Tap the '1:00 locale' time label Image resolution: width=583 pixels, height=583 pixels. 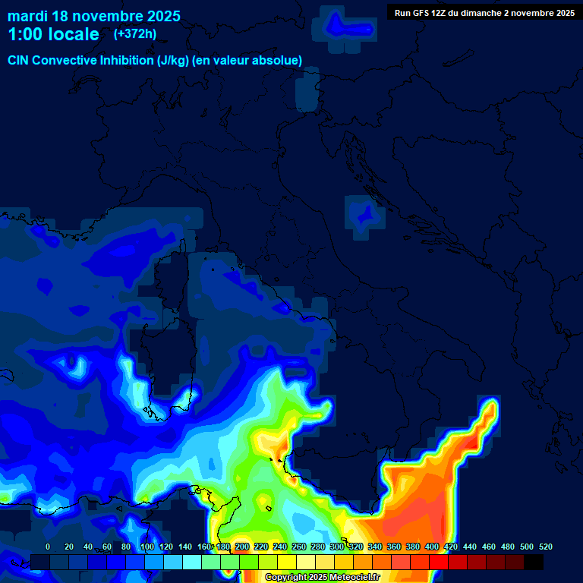[53, 34]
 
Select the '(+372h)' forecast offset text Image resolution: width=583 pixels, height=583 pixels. [135, 34]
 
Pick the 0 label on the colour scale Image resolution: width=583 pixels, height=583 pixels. [48, 547]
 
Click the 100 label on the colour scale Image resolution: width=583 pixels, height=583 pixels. [147, 547]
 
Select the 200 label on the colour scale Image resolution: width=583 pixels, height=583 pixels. [242, 547]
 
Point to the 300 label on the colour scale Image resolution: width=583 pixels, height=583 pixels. [337, 547]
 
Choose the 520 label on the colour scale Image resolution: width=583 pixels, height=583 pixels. [545, 547]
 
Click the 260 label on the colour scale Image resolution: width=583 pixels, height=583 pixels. [299, 547]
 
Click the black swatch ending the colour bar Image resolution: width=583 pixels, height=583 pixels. [534, 562]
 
